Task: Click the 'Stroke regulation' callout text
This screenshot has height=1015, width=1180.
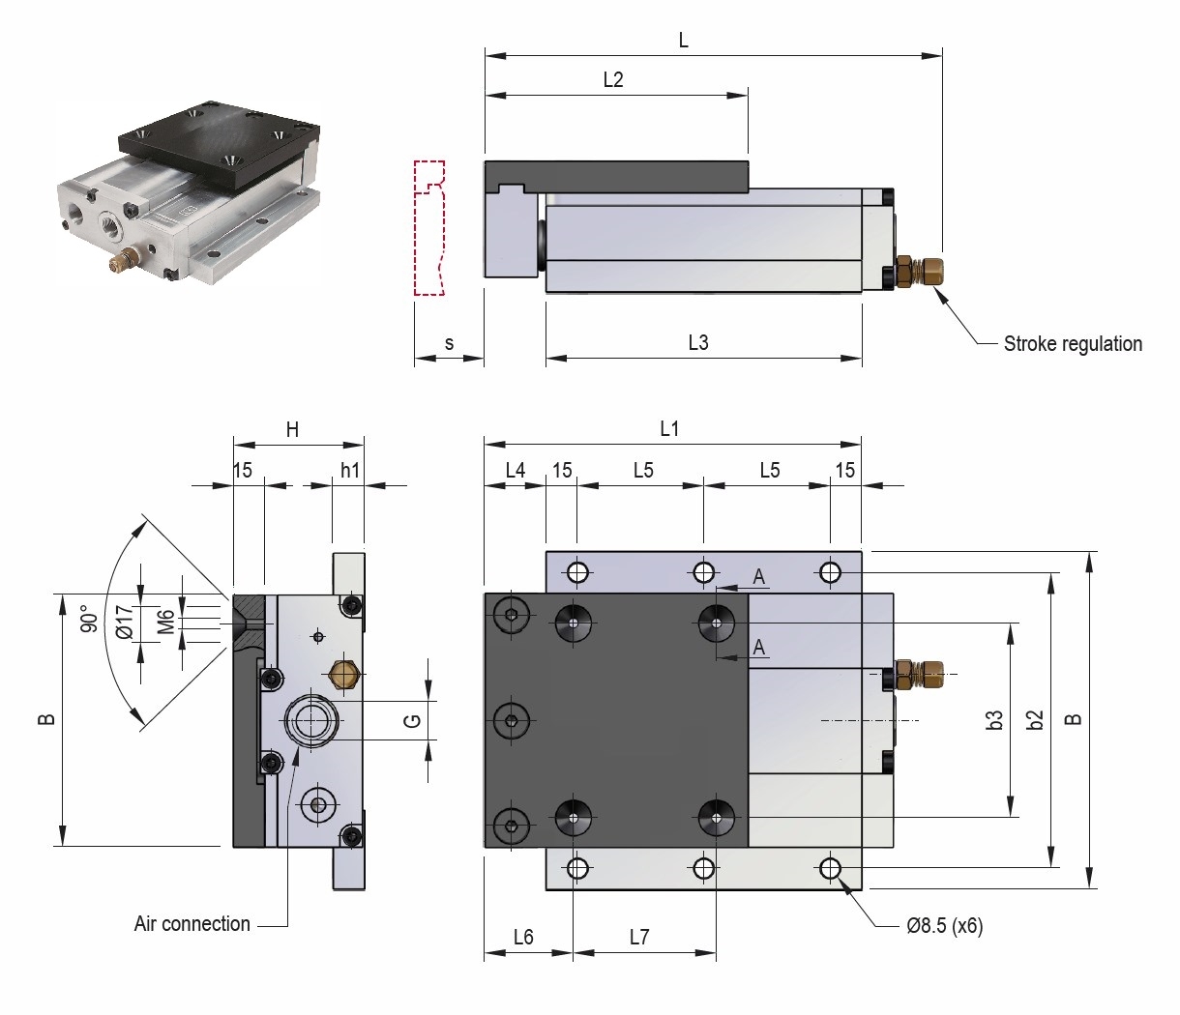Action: tap(1072, 344)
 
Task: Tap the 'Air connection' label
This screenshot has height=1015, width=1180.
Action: tap(192, 924)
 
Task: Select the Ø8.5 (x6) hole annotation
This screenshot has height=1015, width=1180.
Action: tap(944, 926)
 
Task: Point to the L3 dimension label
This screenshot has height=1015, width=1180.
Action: tap(698, 342)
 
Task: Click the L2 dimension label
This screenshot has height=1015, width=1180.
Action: tap(613, 80)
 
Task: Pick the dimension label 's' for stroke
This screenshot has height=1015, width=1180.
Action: tap(449, 343)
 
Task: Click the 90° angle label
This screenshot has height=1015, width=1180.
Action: tap(89, 620)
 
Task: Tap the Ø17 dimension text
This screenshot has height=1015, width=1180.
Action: tap(123, 620)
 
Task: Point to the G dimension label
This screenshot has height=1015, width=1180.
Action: tap(411, 720)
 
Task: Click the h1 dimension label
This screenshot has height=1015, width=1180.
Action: tap(349, 471)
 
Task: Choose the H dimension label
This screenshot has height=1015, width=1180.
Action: tap(291, 431)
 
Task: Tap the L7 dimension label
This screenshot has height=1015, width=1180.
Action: tap(639, 937)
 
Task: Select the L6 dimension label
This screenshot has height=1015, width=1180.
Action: tap(523, 937)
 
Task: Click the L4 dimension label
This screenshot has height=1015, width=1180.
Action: tap(516, 471)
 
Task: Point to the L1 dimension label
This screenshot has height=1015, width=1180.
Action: tap(669, 429)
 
